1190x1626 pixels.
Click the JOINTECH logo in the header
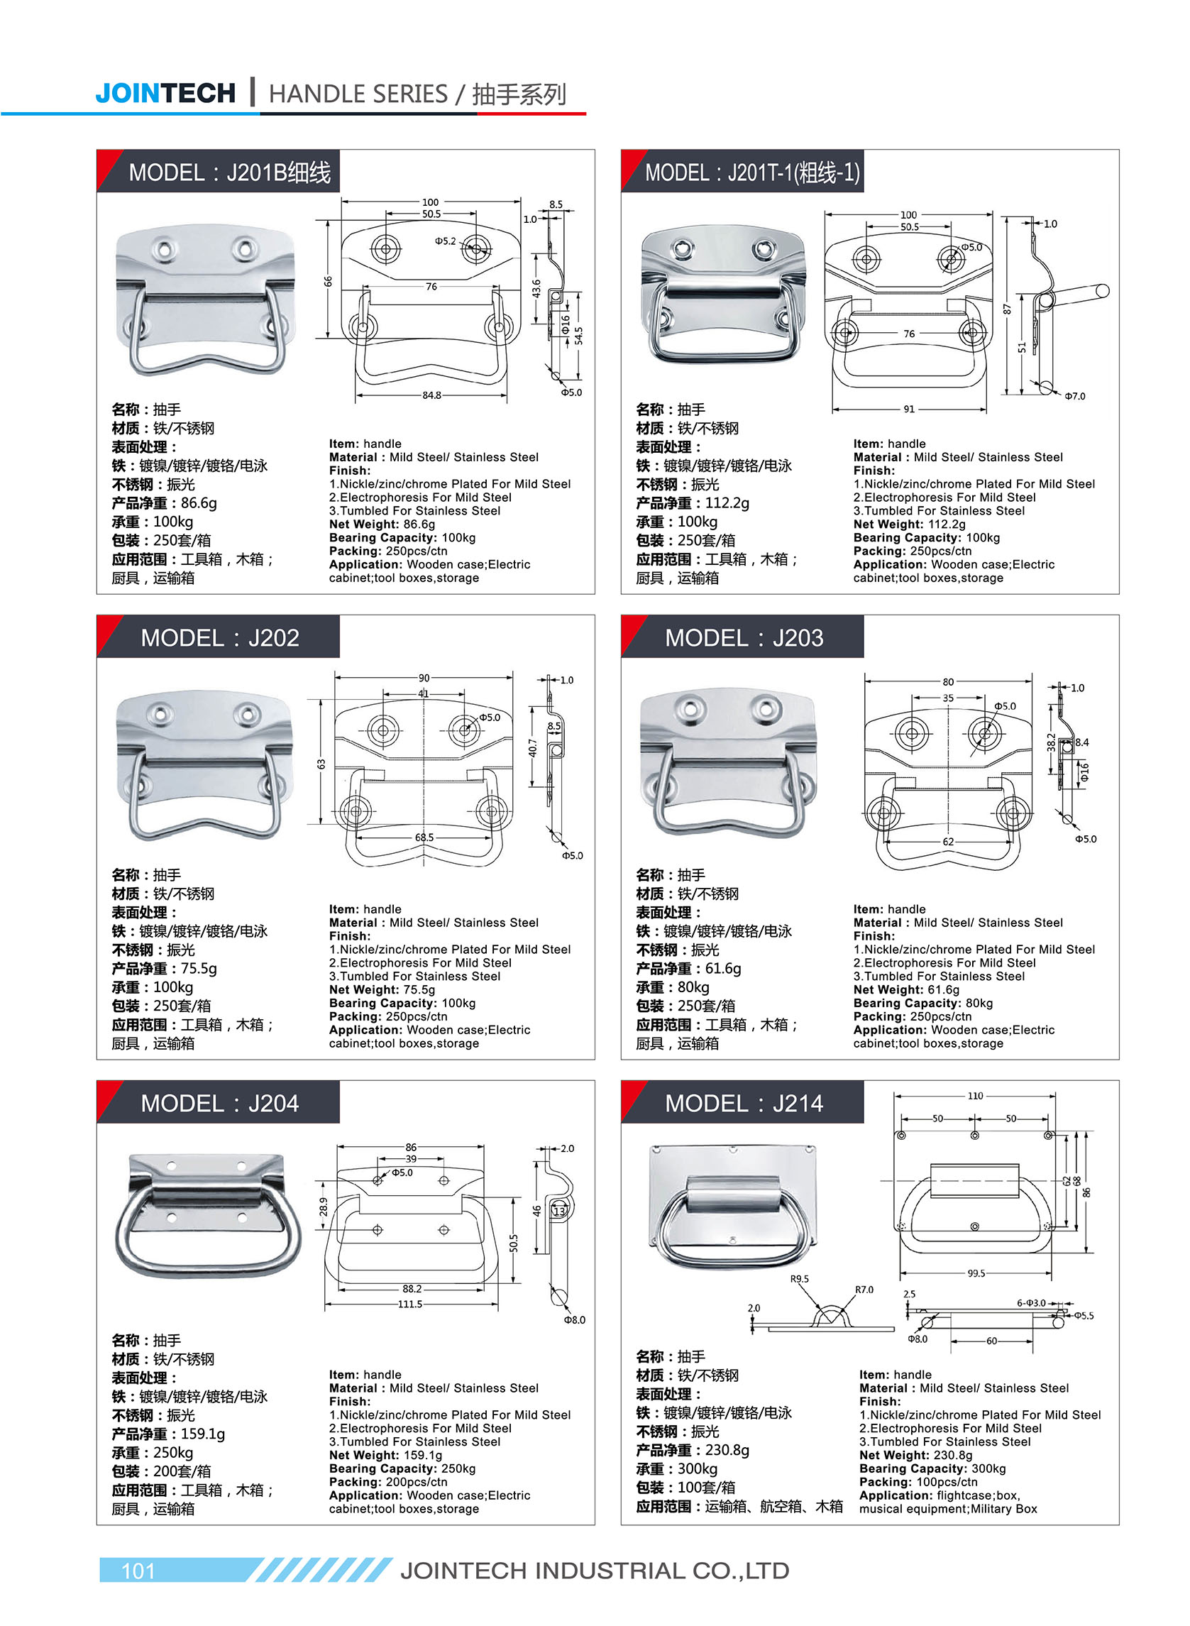click(x=165, y=94)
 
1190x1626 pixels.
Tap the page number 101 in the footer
click(x=138, y=1571)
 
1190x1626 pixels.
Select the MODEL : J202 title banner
click(x=219, y=637)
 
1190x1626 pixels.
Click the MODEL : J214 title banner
click(x=744, y=1103)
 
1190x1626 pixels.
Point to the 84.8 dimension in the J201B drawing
click(x=431, y=395)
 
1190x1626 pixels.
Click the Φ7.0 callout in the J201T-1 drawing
click(x=1075, y=396)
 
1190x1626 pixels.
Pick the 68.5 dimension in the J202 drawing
click(x=424, y=837)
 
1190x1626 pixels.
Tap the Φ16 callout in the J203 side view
click(x=1084, y=771)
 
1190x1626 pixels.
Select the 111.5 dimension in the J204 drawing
click(x=410, y=1304)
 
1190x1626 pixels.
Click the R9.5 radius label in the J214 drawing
click(x=800, y=1279)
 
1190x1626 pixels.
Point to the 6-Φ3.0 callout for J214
click(x=1031, y=1302)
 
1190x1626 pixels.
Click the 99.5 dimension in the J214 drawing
click(x=976, y=1273)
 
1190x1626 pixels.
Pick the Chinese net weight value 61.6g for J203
click(x=723, y=968)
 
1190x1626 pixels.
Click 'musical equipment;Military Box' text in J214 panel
click(x=947, y=1509)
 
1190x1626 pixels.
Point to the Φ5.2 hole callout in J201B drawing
click(x=445, y=241)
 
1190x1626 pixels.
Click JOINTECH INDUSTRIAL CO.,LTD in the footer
click(x=594, y=1571)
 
